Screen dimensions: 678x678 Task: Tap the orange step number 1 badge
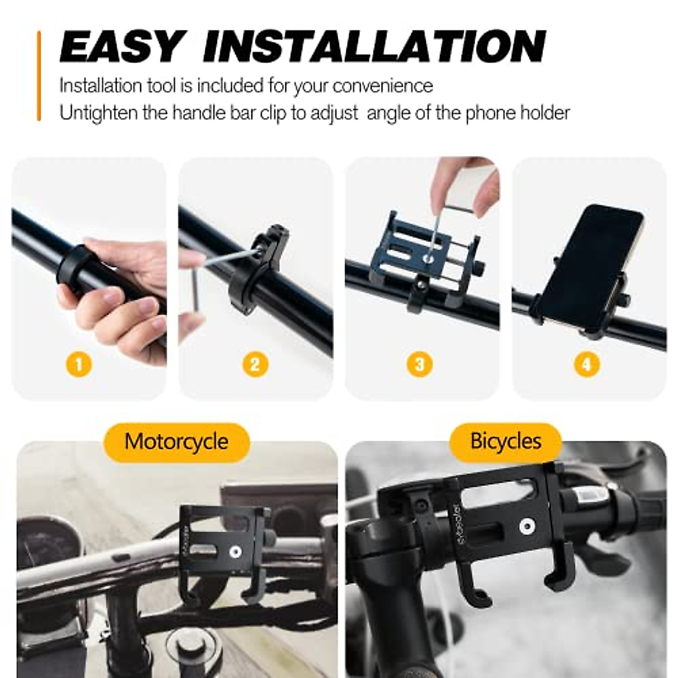79,364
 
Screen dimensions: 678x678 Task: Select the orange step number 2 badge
255,364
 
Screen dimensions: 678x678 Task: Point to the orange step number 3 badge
419,364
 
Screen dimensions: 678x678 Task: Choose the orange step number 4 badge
586,364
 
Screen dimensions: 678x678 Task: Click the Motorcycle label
176,441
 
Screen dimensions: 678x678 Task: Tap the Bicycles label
506,441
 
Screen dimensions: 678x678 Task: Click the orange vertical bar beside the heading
39,76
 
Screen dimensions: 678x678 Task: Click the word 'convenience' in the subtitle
383,86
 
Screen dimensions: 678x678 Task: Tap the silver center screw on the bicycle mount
527,526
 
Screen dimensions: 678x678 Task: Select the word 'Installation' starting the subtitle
100,86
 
